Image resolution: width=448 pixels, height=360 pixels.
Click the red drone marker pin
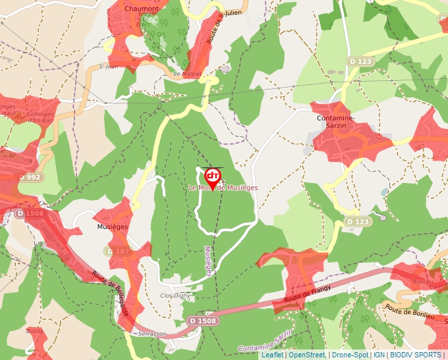pos(213,176)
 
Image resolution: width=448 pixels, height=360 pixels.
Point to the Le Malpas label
pos(186,74)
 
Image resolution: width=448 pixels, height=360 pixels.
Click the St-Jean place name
pos(107,66)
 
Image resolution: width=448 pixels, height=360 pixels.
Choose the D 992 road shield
pos(30,177)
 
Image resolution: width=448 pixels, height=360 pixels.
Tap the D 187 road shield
pos(118,251)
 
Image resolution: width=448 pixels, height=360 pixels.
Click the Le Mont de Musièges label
pos(223,188)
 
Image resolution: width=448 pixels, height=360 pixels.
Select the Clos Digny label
pos(175,296)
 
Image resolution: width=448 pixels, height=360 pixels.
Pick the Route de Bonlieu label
pos(408,311)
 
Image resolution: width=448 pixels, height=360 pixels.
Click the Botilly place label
pos(34,330)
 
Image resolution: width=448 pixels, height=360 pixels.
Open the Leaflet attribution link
pos(272,355)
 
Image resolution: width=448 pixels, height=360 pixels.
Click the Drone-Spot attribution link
pos(350,355)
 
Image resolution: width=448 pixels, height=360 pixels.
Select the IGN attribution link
pos(379,355)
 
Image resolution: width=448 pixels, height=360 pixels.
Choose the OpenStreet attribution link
pos(307,355)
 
